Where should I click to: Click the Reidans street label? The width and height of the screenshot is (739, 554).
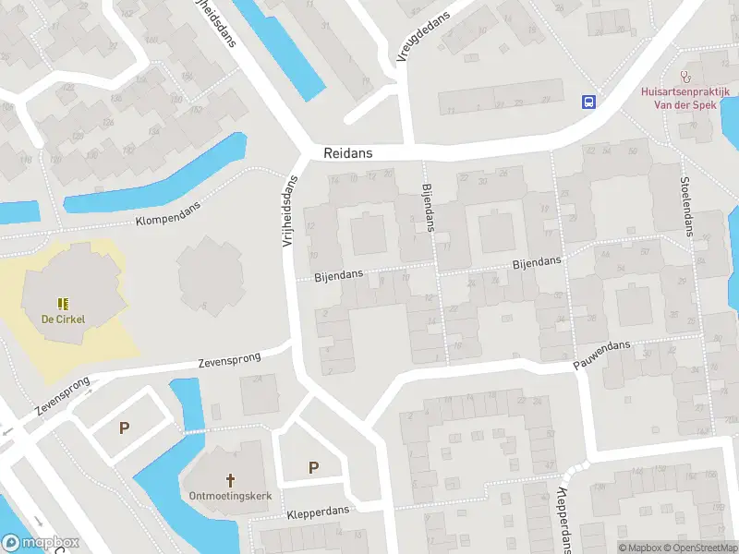(x=348, y=153)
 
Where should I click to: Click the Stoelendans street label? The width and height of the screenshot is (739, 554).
(x=686, y=207)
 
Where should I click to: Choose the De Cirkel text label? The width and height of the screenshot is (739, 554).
(x=63, y=320)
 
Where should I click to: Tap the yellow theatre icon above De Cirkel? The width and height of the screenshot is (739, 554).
(x=63, y=303)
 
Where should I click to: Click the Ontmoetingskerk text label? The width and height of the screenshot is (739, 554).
(x=231, y=497)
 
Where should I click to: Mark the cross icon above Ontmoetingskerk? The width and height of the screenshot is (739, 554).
(x=231, y=480)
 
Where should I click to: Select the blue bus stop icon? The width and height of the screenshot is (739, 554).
(x=588, y=102)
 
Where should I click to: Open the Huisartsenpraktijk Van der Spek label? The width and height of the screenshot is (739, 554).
(x=685, y=99)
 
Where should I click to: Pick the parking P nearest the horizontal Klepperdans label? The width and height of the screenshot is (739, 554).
(x=313, y=467)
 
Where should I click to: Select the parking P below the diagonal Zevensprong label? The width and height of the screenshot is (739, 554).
(x=123, y=428)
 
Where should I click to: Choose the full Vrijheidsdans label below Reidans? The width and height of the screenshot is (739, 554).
(x=288, y=212)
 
